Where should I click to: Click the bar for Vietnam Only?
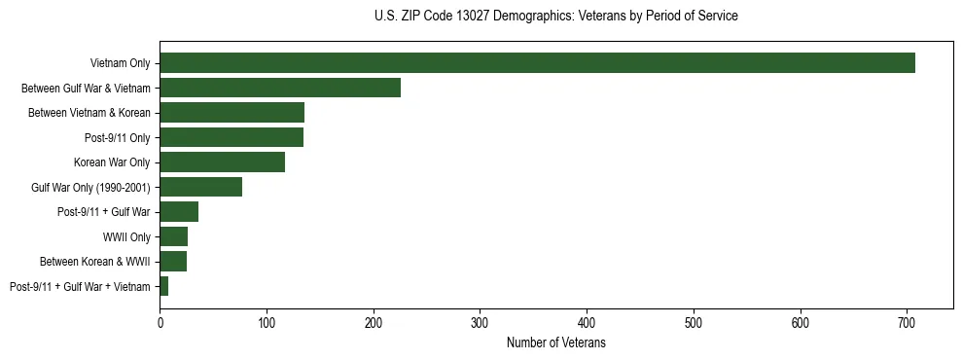tap(537, 63)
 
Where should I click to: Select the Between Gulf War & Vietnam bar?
tap(280, 88)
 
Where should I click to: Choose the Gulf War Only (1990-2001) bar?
tap(200, 187)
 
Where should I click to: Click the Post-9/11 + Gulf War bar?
tap(179, 212)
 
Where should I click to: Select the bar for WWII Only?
tap(173, 236)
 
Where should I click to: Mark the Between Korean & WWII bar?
tap(173, 262)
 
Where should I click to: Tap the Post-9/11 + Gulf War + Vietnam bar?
tap(164, 286)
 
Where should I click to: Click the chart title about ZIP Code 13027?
tap(555, 17)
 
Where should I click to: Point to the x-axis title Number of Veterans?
tap(555, 343)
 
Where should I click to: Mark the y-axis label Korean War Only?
tap(112, 162)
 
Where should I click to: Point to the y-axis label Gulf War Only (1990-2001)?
tap(90, 188)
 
